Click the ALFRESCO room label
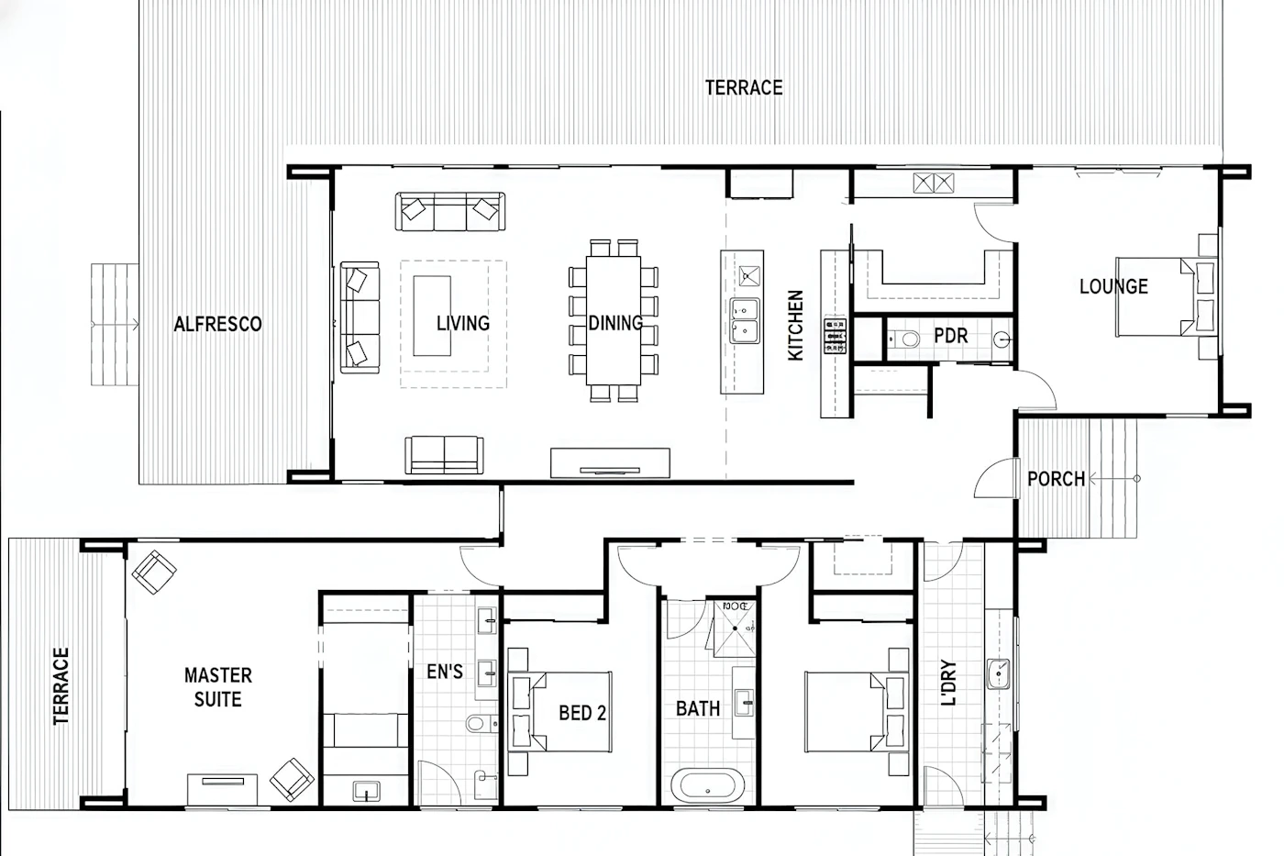click(218, 325)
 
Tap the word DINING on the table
click(615, 323)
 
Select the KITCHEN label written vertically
click(796, 326)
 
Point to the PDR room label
click(951, 336)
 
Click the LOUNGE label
click(1113, 286)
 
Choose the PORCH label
click(1056, 479)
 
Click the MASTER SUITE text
click(218, 687)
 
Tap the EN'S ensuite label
click(445, 672)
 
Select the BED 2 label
click(582, 713)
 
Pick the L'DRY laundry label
click(948, 683)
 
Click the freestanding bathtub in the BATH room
click(708, 786)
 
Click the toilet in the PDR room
click(904, 339)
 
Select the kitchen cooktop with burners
click(836, 336)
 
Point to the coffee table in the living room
click(432, 316)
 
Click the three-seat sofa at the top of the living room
click(450, 212)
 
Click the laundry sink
click(999, 673)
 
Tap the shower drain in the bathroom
click(735, 628)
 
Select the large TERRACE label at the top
click(744, 88)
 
